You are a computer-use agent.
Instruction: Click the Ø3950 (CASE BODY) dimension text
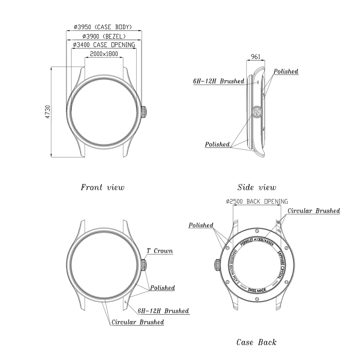pyautogui.click(x=103, y=27)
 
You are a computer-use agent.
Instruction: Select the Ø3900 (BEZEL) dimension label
pyautogui.click(x=104, y=36)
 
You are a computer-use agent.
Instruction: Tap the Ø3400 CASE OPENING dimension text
pyautogui.click(x=104, y=44)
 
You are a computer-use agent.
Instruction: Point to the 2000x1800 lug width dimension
pyautogui.click(x=104, y=54)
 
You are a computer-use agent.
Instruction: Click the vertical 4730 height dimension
pyautogui.click(x=48, y=112)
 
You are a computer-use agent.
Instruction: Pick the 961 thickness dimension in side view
pyautogui.click(x=256, y=56)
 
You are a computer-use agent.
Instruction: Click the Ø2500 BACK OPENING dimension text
pyautogui.click(x=257, y=202)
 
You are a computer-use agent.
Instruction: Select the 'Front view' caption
pyautogui.click(x=102, y=187)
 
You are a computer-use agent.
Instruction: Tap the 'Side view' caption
pyautogui.click(x=257, y=187)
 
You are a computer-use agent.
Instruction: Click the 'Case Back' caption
pyautogui.click(x=257, y=342)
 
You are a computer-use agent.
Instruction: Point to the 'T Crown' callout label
pyautogui.click(x=160, y=251)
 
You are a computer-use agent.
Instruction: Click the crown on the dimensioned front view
pyautogui.click(x=144, y=112)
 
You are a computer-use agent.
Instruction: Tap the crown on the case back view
pyautogui.click(x=217, y=265)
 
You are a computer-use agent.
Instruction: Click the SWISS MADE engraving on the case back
pyautogui.click(x=257, y=290)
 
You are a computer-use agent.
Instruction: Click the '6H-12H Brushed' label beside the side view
pyautogui.click(x=218, y=81)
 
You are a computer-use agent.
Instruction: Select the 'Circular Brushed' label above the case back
pyautogui.click(x=314, y=211)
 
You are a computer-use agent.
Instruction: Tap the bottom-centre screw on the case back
pyautogui.click(x=257, y=299)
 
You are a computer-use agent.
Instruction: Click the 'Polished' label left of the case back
pyautogui.click(x=201, y=225)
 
